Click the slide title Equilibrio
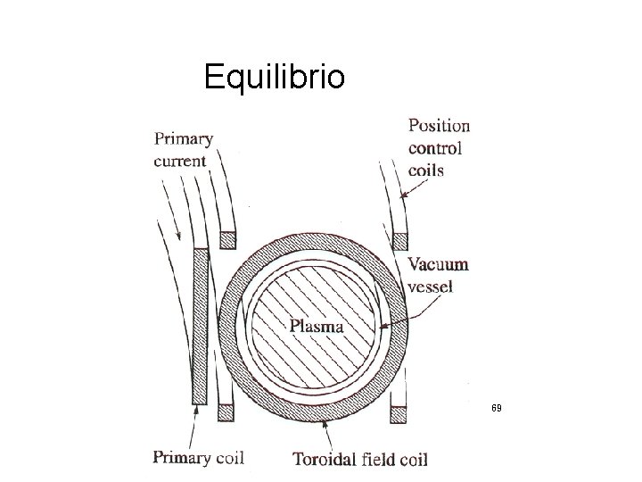[x=272, y=78]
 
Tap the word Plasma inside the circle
[x=317, y=326]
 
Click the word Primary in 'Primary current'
[x=184, y=139]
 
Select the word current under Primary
[x=180, y=162]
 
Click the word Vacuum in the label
[x=438, y=265]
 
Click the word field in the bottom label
[x=379, y=460]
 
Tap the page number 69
[x=497, y=408]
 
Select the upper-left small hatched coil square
[x=228, y=239]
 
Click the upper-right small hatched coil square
[x=400, y=239]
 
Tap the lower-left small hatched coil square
[x=228, y=413]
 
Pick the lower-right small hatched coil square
[x=400, y=413]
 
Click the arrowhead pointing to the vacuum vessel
[x=383, y=328]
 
